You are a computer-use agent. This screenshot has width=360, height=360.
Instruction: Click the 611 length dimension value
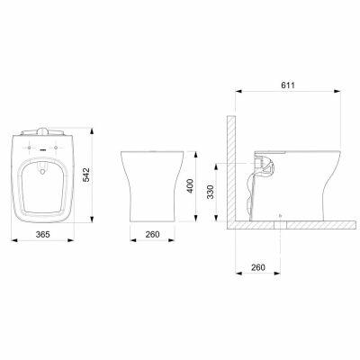[288, 85]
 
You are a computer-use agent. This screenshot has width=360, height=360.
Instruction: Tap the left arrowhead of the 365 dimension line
[13, 240]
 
